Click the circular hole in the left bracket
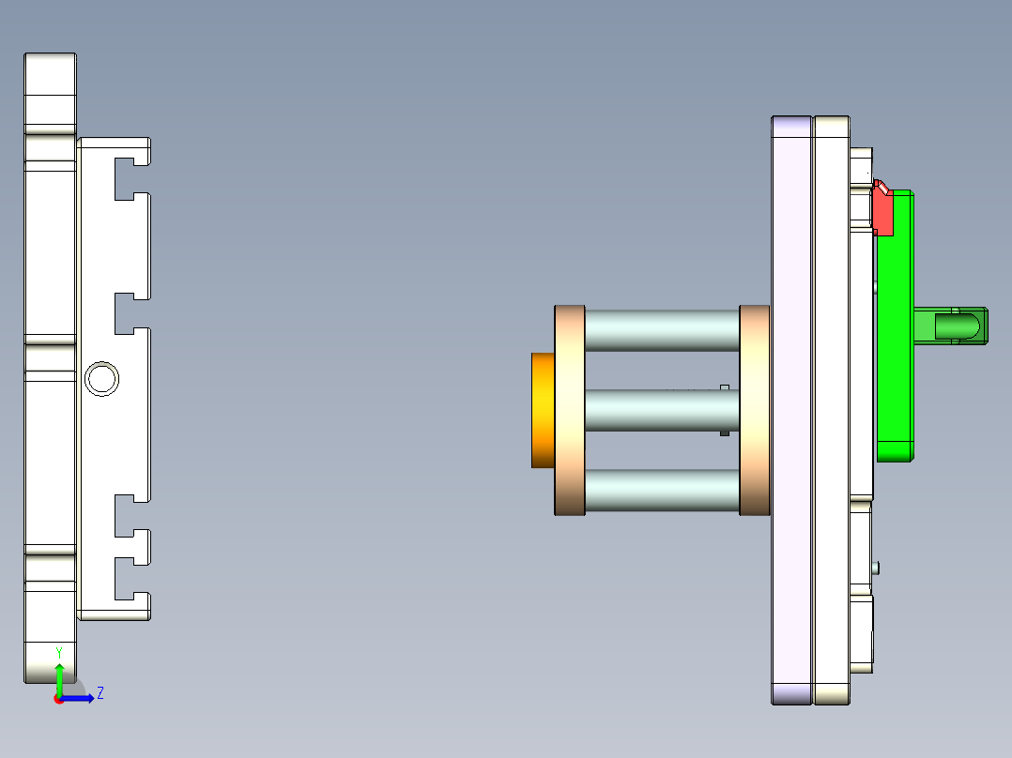coord(101,379)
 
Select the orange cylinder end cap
coord(543,410)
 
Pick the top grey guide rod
coord(662,330)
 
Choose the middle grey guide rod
coord(662,411)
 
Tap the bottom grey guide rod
coord(662,490)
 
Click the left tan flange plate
coord(570,410)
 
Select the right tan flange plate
coord(755,410)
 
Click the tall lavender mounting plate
coord(791,410)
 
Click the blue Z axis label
coord(100,693)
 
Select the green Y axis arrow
coord(58,677)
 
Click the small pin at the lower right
coord(876,567)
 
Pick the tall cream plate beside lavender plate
coord(832,410)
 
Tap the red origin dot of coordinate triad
coord(58,699)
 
